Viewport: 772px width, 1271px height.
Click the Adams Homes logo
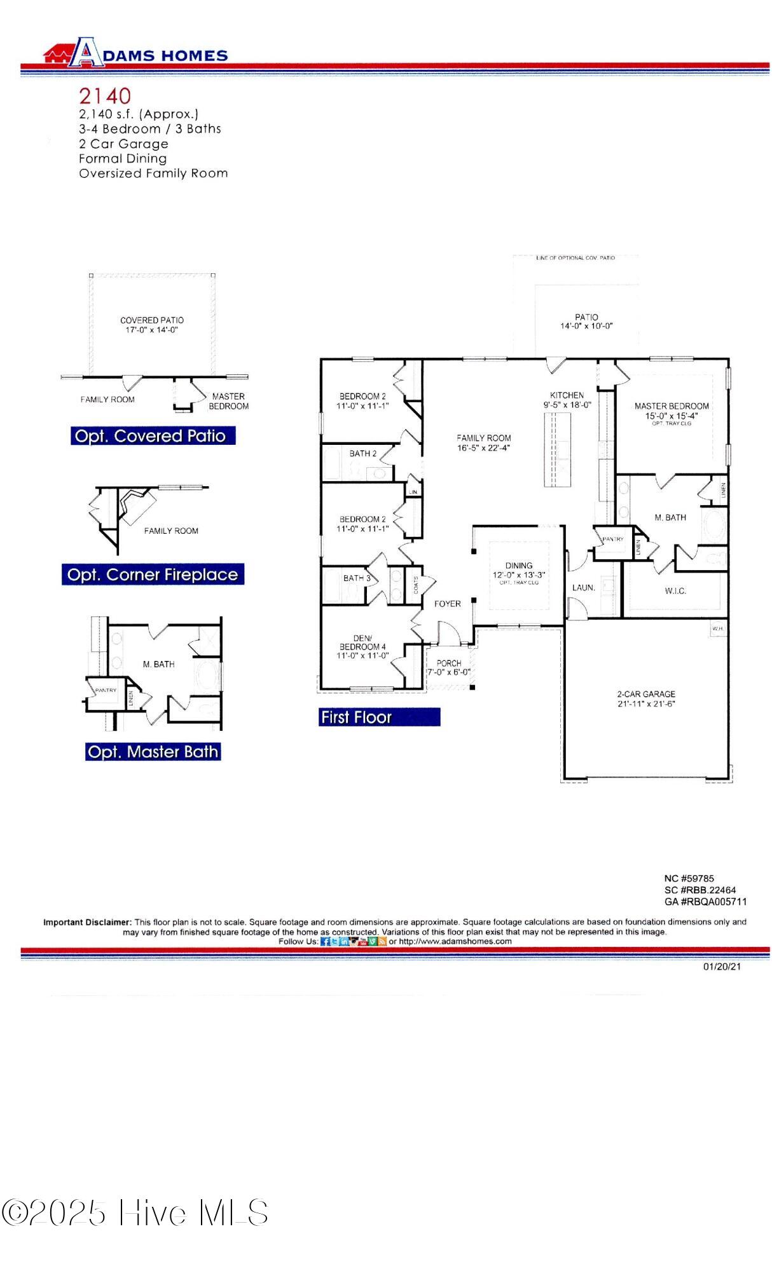[x=135, y=53]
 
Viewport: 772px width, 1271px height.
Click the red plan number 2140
[x=105, y=96]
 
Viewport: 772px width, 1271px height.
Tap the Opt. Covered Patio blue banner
[x=152, y=436]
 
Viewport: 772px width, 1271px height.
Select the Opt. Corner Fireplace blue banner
[x=153, y=574]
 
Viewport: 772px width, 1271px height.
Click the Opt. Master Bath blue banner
[x=153, y=752]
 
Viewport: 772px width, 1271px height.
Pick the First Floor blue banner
[x=379, y=717]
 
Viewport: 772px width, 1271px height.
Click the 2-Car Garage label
[x=646, y=698]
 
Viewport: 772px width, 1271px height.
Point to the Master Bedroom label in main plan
[x=672, y=411]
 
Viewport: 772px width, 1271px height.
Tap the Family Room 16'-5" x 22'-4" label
[x=483, y=442]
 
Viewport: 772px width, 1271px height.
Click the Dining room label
[x=519, y=569]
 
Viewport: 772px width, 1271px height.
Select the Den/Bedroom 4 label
[x=362, y=646]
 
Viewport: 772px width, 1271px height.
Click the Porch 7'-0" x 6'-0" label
[x=449, y=667]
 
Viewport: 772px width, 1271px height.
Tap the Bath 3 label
[x=357, y=578]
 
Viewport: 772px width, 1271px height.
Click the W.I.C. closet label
[x=675, y=591]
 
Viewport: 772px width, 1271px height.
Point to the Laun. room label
[x=583, y=588]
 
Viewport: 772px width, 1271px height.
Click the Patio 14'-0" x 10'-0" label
[x=586, y=321]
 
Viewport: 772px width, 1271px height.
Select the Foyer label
[x=447, y=604]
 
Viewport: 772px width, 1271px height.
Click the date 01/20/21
[x=722, y=967]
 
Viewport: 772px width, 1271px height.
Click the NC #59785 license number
[x=689, y=878]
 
